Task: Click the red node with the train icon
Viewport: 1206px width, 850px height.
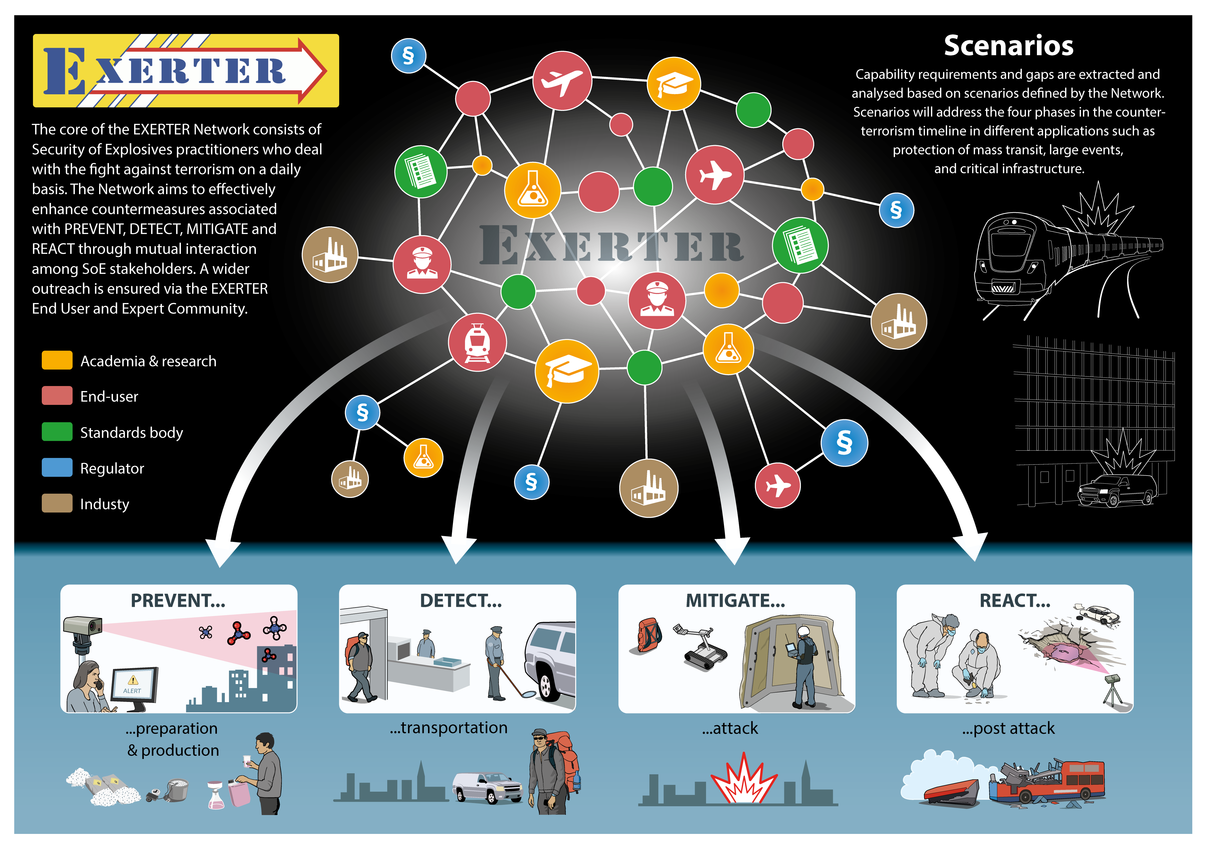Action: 477,342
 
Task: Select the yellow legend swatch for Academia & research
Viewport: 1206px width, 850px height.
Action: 57,360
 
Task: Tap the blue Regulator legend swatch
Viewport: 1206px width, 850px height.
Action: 57,467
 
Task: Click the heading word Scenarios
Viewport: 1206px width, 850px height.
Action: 1008,46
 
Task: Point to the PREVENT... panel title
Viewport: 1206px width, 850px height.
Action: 178,601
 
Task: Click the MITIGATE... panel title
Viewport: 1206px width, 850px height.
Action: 735,601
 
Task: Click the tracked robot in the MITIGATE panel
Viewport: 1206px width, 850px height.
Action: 701,647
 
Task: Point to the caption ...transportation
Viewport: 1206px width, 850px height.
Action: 449,728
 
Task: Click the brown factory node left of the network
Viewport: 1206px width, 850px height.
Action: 330,255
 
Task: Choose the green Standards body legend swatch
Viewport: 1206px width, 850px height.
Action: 57,432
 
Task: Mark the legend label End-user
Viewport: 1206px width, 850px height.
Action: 109,396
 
